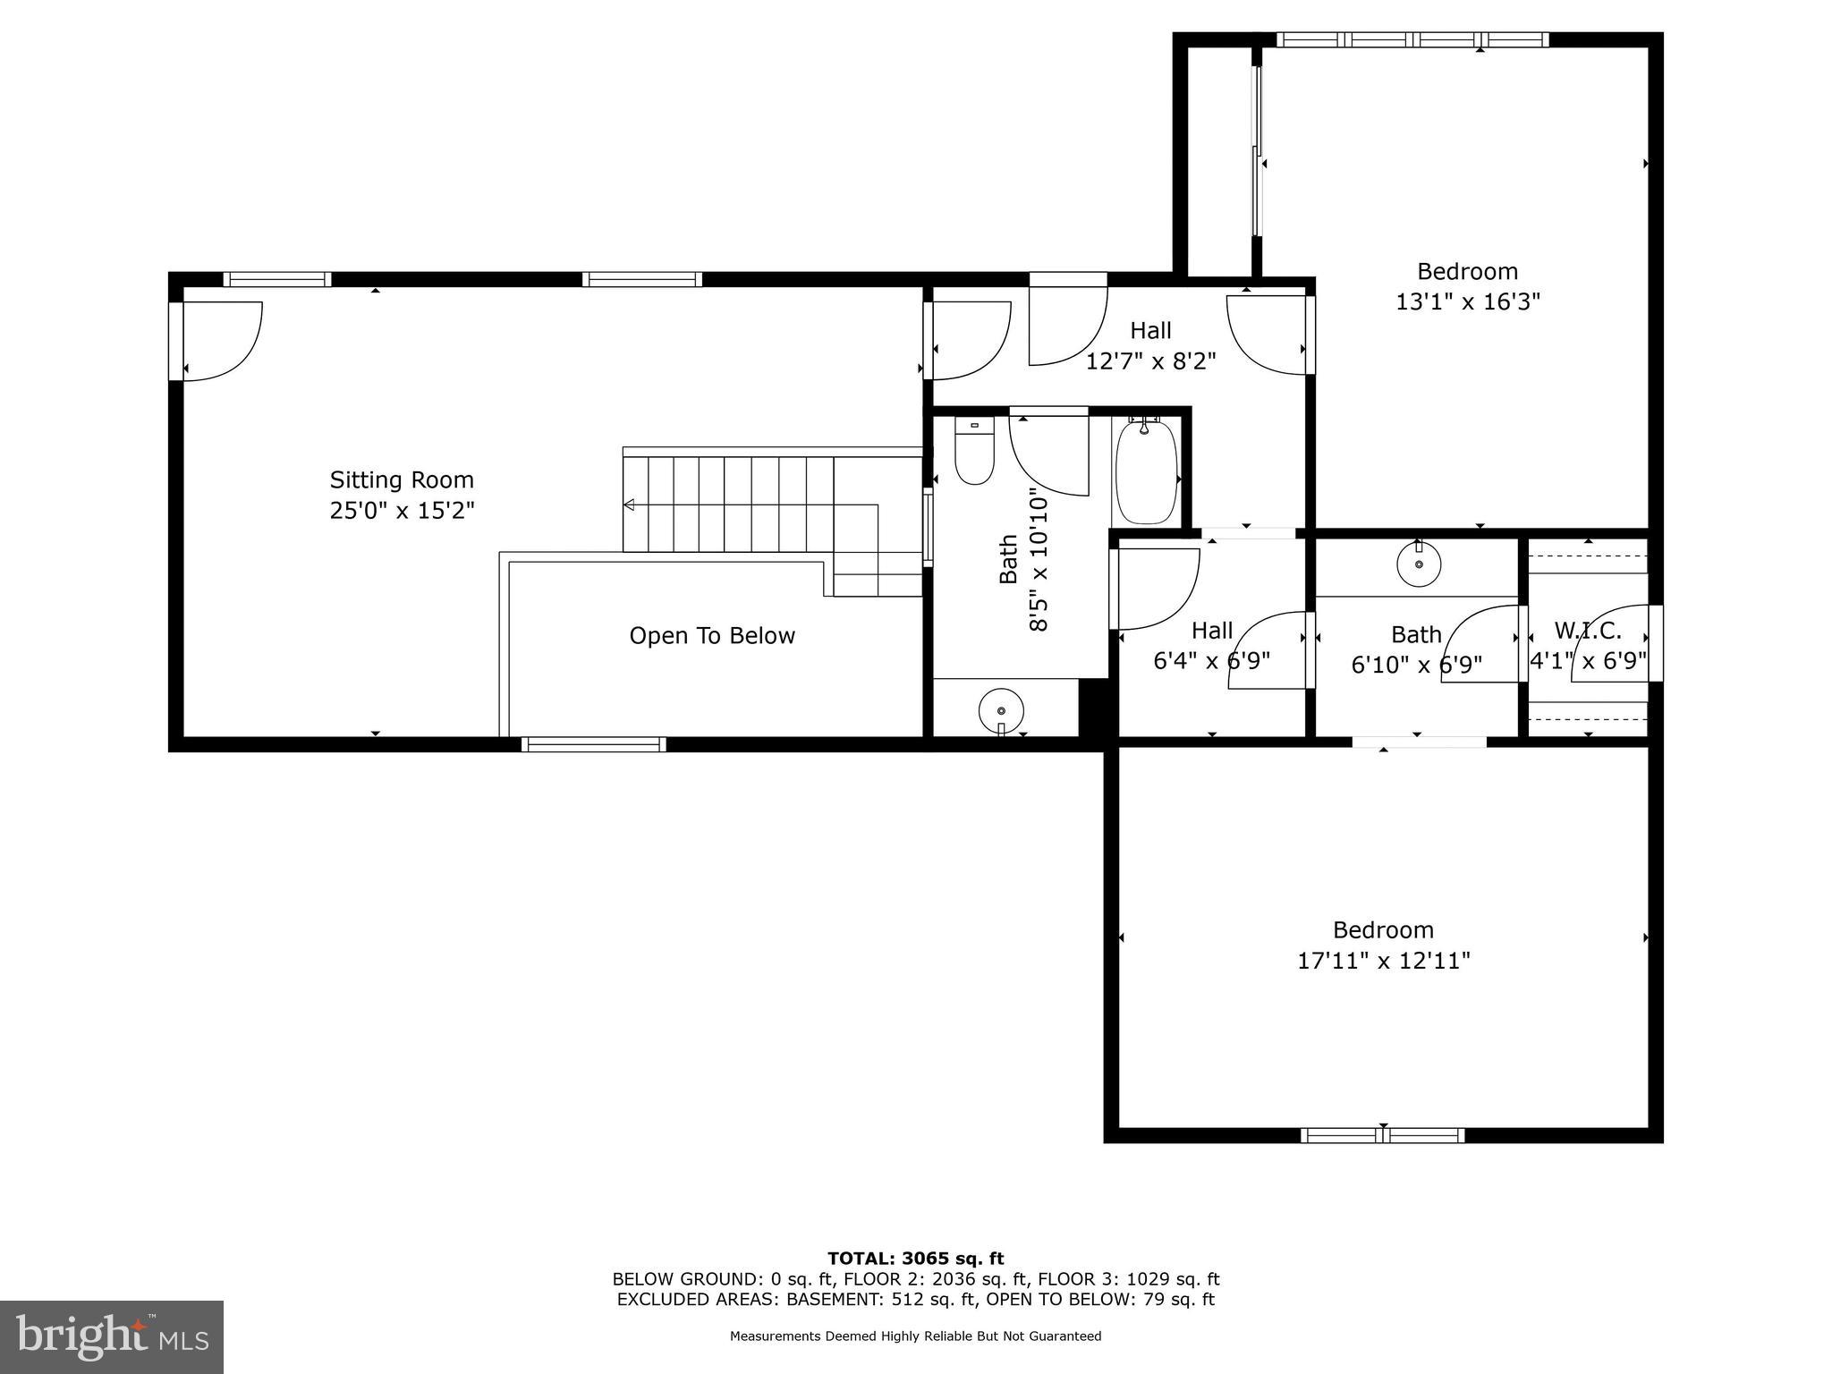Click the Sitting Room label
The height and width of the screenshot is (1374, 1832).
402,479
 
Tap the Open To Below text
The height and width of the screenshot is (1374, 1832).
712,636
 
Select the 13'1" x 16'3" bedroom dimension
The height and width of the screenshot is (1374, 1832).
1468,301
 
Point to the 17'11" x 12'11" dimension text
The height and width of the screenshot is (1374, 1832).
1384,961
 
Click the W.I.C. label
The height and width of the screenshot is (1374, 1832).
1588,631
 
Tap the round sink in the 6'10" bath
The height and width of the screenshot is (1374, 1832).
1419,564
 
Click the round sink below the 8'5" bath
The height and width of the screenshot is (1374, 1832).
1002,710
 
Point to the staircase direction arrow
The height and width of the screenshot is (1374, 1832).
629,505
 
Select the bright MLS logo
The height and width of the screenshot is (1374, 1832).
112,1336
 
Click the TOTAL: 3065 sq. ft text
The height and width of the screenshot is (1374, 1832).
915,1259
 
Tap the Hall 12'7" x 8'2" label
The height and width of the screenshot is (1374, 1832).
1150,345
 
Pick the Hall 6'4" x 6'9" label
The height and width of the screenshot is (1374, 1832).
1212,646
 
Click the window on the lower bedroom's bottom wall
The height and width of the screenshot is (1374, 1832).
1383,1135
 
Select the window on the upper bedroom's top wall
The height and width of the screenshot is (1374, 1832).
1412,39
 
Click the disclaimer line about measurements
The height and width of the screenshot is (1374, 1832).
915,1336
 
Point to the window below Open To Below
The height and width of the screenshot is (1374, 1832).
594,744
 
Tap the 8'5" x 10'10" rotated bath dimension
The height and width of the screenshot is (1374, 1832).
1038,558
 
